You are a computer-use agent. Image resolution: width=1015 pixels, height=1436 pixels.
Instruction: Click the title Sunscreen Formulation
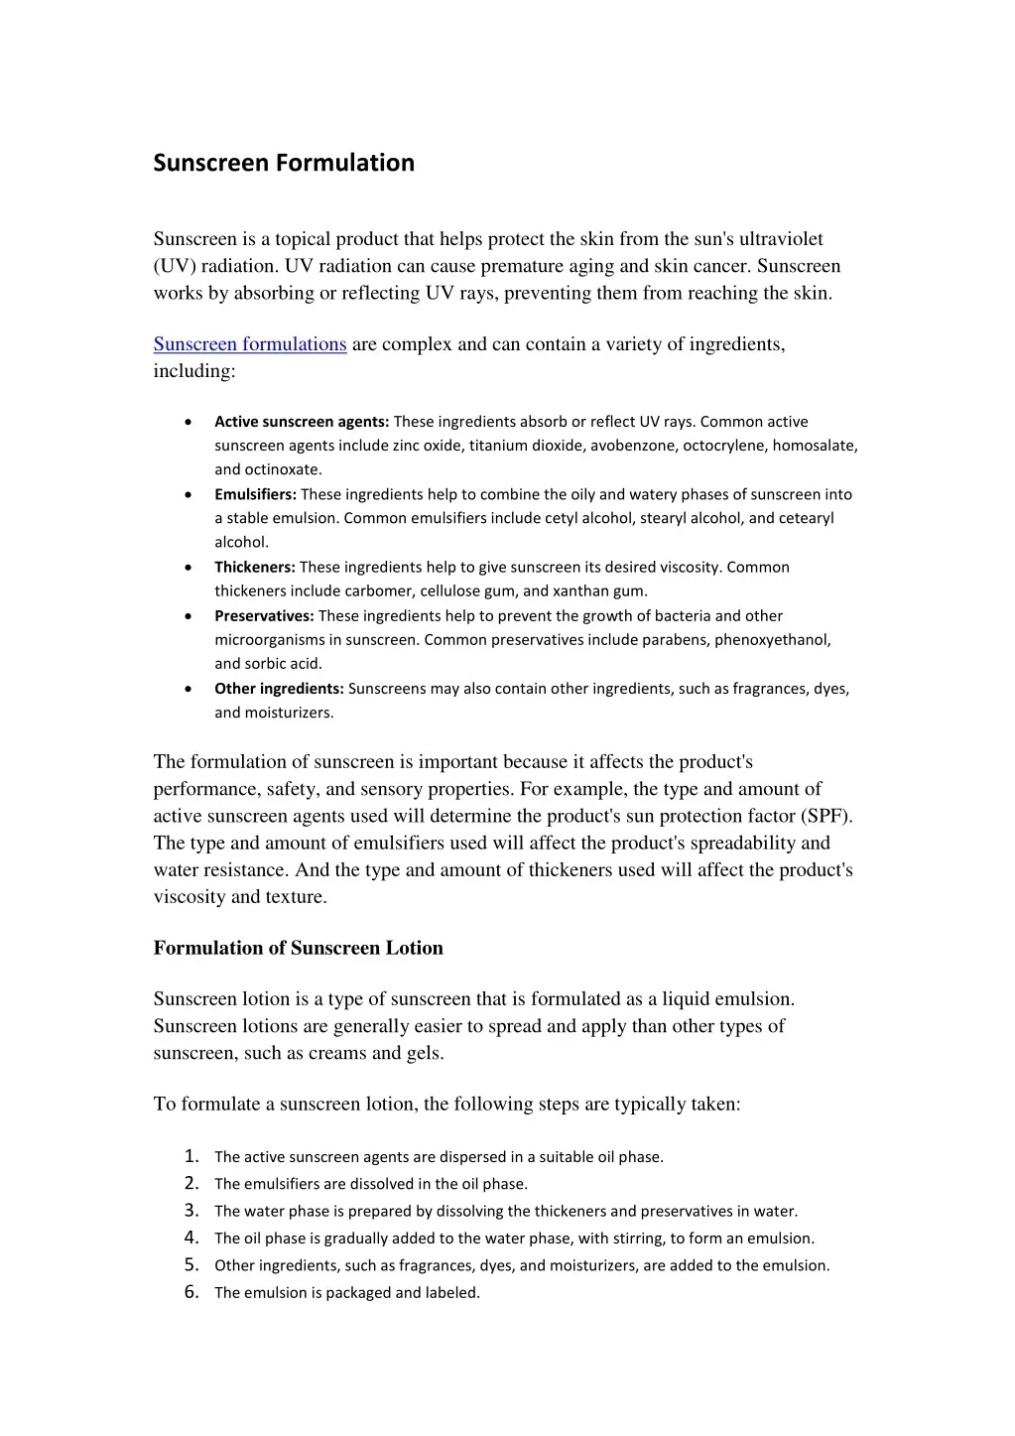coord(284,163)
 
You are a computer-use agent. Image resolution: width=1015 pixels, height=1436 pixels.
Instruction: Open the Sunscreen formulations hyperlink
coord(249,344)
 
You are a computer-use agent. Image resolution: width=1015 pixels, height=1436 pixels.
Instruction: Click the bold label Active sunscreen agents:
coord(302,422)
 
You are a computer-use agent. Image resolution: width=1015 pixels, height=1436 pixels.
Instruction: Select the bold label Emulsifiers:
coord(255,494)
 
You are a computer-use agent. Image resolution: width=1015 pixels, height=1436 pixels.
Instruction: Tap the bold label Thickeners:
coord(255,568)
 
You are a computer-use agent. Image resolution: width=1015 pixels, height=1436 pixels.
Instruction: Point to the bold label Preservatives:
coord(264,616)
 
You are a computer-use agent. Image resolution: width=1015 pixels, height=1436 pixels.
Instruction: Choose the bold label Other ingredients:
coord(279,689)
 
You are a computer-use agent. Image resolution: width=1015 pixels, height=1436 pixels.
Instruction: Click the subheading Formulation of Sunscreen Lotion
coord(298,948)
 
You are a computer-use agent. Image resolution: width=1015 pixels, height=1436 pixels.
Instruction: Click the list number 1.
coord(191,1156)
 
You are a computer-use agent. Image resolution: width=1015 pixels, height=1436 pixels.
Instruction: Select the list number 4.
coord(191,1238)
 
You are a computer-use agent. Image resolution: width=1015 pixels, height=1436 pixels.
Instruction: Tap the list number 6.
coord(191,1292)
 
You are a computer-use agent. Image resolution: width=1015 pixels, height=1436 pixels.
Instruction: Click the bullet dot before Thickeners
coord(189,568)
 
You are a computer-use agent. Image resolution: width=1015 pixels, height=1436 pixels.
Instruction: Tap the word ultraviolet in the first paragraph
coord(781,239)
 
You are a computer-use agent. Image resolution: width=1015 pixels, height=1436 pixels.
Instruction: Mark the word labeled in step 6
coord(452,1293)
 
